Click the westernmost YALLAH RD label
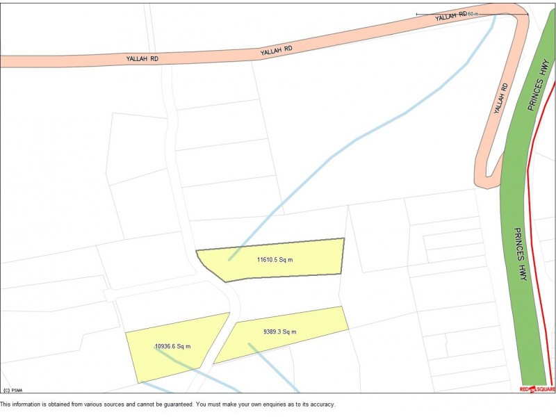142,59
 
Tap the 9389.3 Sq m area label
280,332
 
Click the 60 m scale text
473,14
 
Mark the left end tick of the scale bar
416,14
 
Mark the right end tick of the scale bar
528,14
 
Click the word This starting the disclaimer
6,404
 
